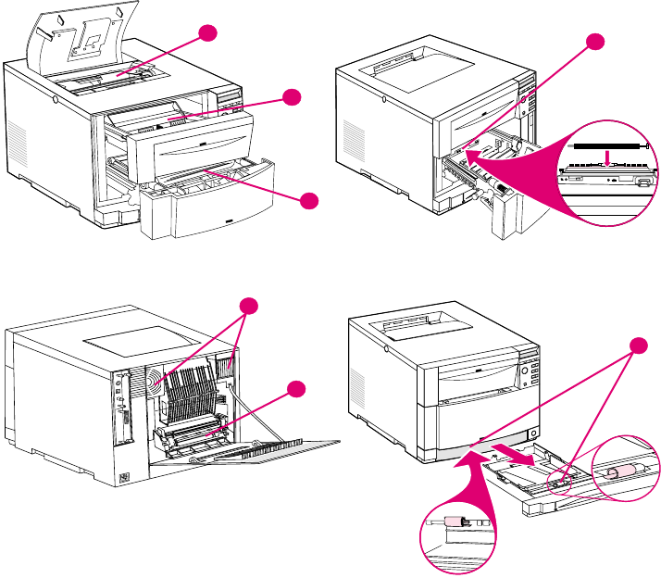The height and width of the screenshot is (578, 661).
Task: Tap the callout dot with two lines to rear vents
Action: click(x=247, y=307)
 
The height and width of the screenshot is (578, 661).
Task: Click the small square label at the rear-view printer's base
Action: click(x=127, y=480)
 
